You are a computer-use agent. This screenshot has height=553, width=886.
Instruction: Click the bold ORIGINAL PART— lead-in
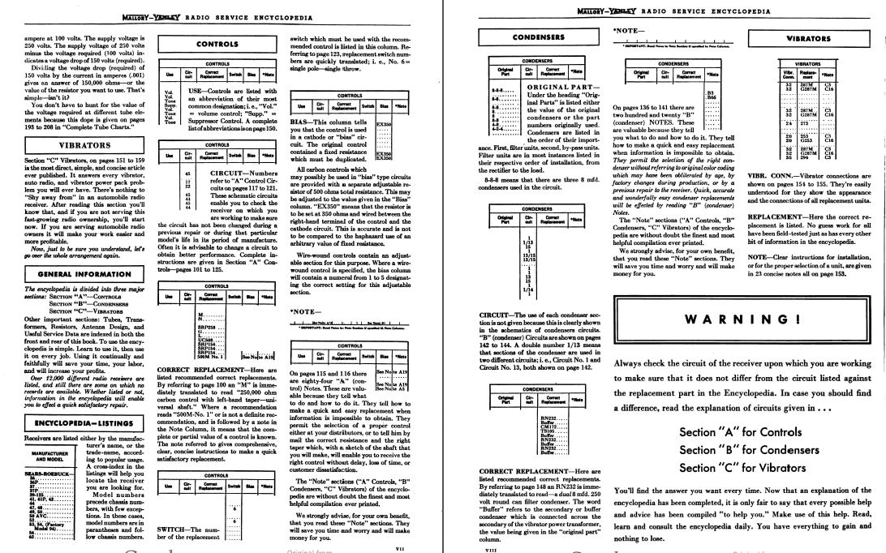pos(559,86)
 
